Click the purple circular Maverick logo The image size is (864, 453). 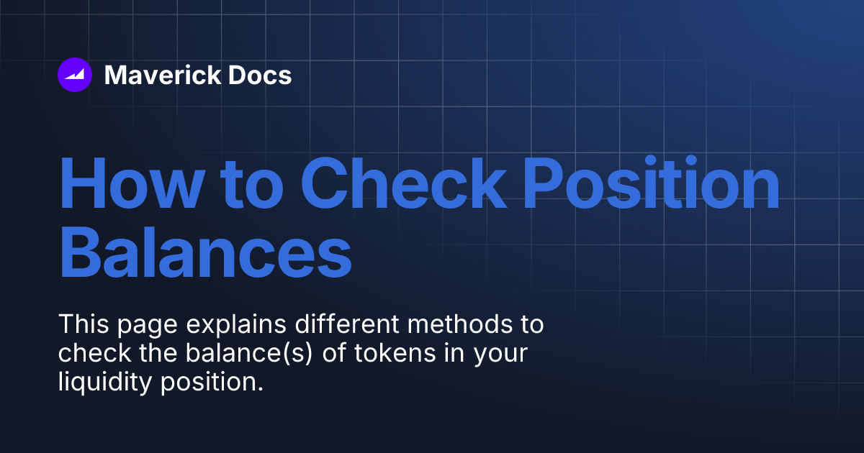point(75,75)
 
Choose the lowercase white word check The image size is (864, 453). point(86,353)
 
